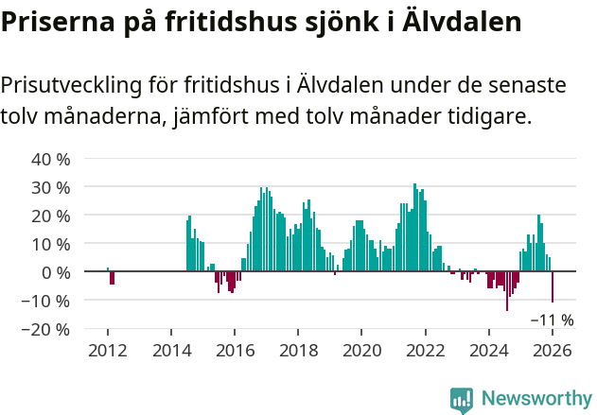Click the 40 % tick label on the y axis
pyautogui.click(x=51, y=159)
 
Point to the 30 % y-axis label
pyautogui.click(x=51, y=187)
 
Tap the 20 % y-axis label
pyautogui.click(x=51, y=216)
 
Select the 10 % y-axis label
pyautogui.click(x=51, y=244)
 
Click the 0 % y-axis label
pyautogui.click(x=56, y=272)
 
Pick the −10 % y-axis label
pyautogui.click(x=46, y=301)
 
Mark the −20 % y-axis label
pyautogui.click(x=46, y=329)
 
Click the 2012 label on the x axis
pyautogui.click(x=107, y=350)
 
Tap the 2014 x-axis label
pyautogui.click(x=170, y=350)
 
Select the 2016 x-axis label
pyautogui.click(x=234, y=350)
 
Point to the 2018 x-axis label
pyautogui.click(x=298, y=350)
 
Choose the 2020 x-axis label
pyautogui.click(x=361, y=350)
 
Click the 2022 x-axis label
pyautogui.click(x=425, y=350)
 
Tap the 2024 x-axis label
pyautogui.click(x=488, y=350)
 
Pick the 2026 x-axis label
pyautogui.click(x=552, y=350)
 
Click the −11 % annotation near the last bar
pyautogui.click(x=552, y=320)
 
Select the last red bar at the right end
pyautogui.click(x=553, y=287)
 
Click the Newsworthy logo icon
pyautogui.click(x=462, y=400)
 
